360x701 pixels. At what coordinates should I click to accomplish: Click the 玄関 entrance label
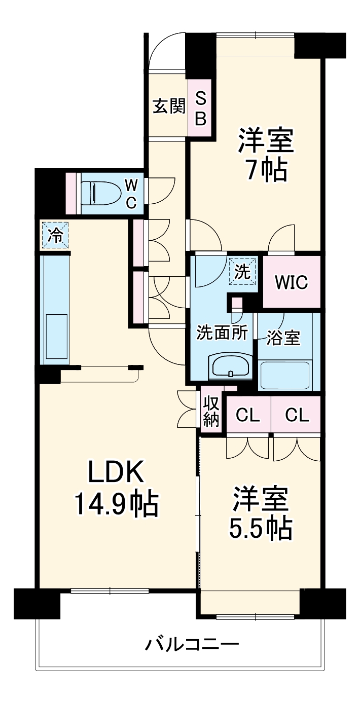tap(168, 107)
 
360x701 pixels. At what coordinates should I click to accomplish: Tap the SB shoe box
tap(201, 108)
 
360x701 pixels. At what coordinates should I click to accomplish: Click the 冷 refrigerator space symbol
tap(55, 235)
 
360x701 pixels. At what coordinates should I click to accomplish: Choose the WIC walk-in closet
tap(292, 282)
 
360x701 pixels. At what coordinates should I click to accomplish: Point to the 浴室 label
tap(284, 338)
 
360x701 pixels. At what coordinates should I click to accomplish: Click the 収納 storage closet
tap(211, 411)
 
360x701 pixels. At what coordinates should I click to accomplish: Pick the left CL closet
tap(248, 415)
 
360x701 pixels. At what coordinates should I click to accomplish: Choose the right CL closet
tap(297, 415)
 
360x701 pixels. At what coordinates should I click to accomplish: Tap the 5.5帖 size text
tap(260, 528)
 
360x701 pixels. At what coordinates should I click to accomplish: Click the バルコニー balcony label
tap(192, 645)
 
